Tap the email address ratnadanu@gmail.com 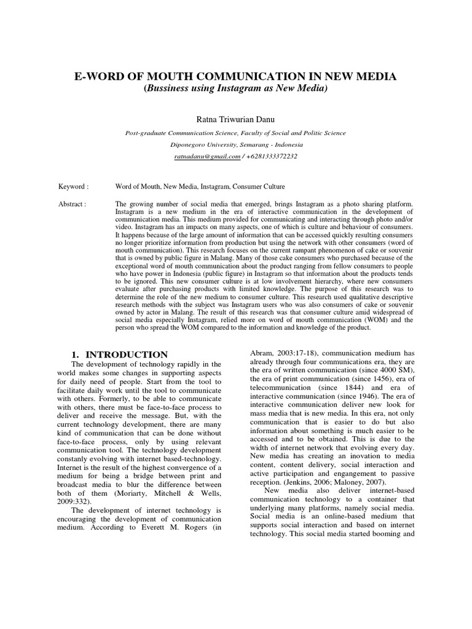(x=207, y=157)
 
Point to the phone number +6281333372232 (x=272, y=157)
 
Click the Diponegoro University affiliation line (x=235, y=145)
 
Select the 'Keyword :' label (x=73, y=186)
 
